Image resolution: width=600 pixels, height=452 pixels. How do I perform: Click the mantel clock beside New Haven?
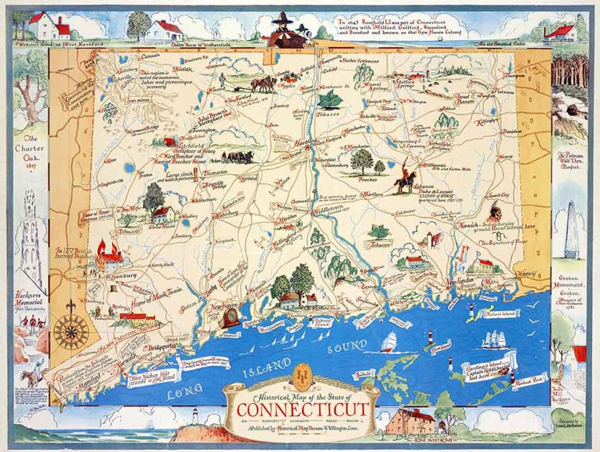(x=229, y=318)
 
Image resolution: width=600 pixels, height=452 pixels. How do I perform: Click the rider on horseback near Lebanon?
(x=406, y=178)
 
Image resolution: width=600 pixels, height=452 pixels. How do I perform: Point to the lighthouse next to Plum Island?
(x=429, y=338)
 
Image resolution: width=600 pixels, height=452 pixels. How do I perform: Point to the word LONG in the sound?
(x=184, y=393)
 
